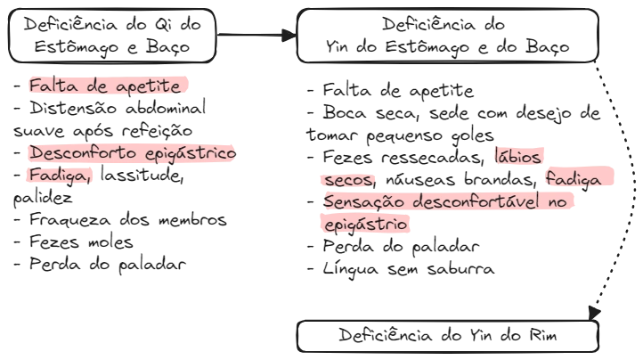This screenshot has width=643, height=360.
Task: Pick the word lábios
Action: (x=517, y=157)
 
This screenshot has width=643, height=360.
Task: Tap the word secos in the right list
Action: (x=346, y=180)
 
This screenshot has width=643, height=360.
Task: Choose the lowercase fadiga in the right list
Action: (x=577, y=180)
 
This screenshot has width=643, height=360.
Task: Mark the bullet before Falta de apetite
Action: (x=19, y=87)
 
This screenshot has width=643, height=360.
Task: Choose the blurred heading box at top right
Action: (x=444, y=36)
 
